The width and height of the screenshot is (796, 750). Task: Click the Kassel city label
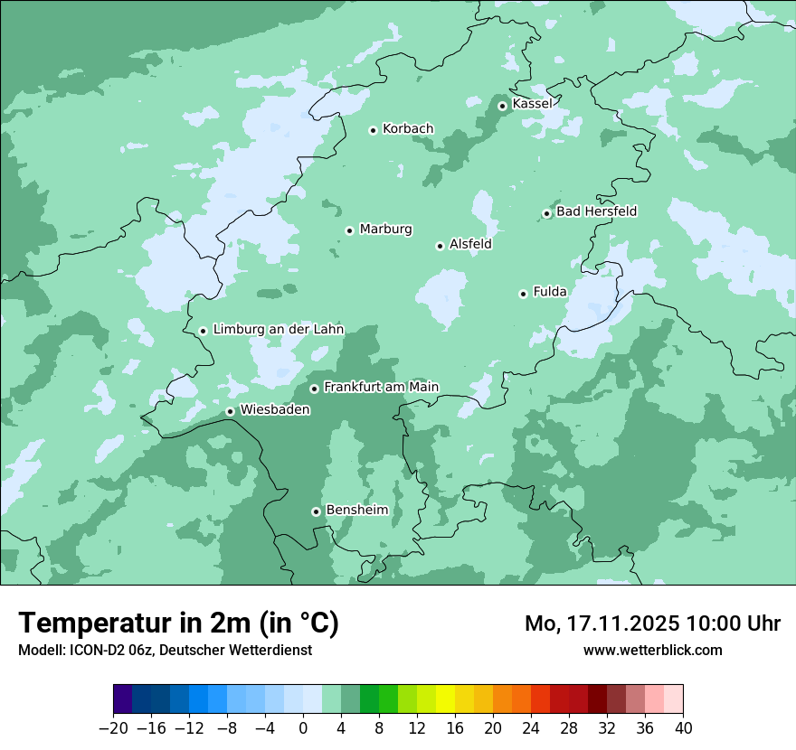coord(532,104)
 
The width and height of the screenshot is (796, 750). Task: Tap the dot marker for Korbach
coord(373,130)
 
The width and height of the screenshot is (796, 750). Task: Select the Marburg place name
coord(385,230)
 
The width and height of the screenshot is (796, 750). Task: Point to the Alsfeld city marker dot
coord(440,246)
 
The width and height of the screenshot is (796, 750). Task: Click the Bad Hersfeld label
coord(596,211)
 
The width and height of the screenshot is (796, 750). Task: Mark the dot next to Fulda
coord(523,294)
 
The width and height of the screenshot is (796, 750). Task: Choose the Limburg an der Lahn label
coord(278,330)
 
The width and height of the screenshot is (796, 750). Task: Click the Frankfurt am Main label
coord(381,387)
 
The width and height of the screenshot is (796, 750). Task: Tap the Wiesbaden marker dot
coord(230,411)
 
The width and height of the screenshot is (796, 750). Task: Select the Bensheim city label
coord(356,510)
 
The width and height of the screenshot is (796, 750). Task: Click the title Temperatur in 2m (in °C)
coord(178,623)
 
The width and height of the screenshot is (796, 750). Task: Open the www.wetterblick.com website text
coord(652,650)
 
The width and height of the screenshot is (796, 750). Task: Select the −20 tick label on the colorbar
coord(113,728)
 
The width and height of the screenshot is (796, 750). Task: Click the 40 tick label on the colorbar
coord(683,728)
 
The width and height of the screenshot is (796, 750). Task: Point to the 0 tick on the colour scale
coord(303,728)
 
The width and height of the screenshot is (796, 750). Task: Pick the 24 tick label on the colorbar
coord(531,728)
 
